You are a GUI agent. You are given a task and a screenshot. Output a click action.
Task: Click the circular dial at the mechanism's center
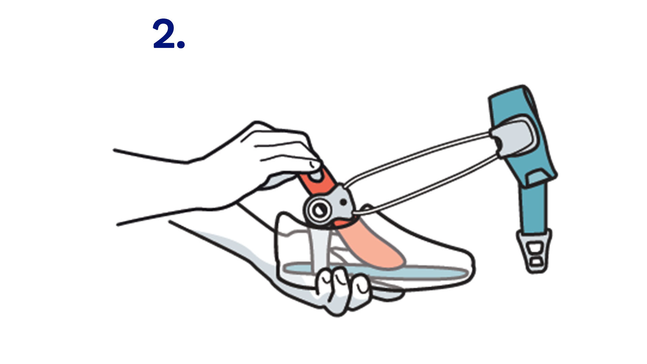click(318, 210)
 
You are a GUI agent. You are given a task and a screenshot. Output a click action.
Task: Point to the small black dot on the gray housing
click(343, 202)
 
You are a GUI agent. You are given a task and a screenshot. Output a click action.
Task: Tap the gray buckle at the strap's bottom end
click(534, 251)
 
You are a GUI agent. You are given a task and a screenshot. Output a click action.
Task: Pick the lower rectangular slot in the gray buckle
click(536, 262)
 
